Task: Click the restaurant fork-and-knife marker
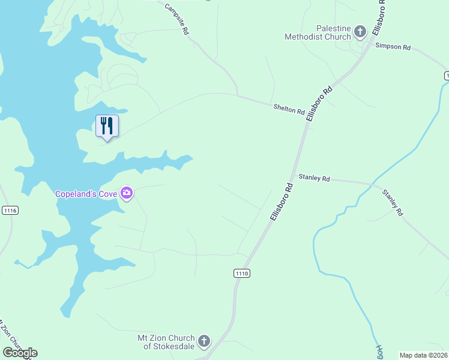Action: (x=107, y=126)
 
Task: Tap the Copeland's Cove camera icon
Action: (x=127, y=193)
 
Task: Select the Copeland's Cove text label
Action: (x=86, y=194)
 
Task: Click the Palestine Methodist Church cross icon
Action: (x=360, y=31)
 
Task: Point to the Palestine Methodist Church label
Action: (x=318, y=32)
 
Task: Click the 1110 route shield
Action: (x=241, y=273)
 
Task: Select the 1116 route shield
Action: (x=10, y=210)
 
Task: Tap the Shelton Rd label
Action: (x=289, y=109)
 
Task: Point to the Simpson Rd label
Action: (x=393, y=47)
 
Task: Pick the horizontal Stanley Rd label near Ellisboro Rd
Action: (x=314, y=178)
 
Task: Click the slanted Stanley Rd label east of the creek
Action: (x=393, y=202)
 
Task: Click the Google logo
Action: (x=20, y=353)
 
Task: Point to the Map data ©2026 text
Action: (x=423, y=355)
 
